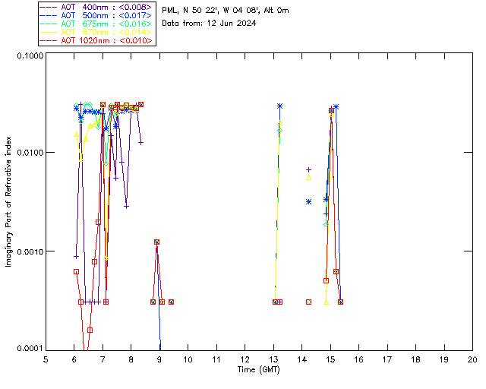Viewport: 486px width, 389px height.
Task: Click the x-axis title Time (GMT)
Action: point(259,369)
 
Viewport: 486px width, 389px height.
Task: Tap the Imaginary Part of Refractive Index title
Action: point(9,202)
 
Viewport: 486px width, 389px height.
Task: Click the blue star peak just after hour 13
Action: point(280,106)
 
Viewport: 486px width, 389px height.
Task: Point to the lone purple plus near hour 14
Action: point(308,169)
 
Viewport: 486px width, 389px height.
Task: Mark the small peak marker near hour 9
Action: point(156,242)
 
